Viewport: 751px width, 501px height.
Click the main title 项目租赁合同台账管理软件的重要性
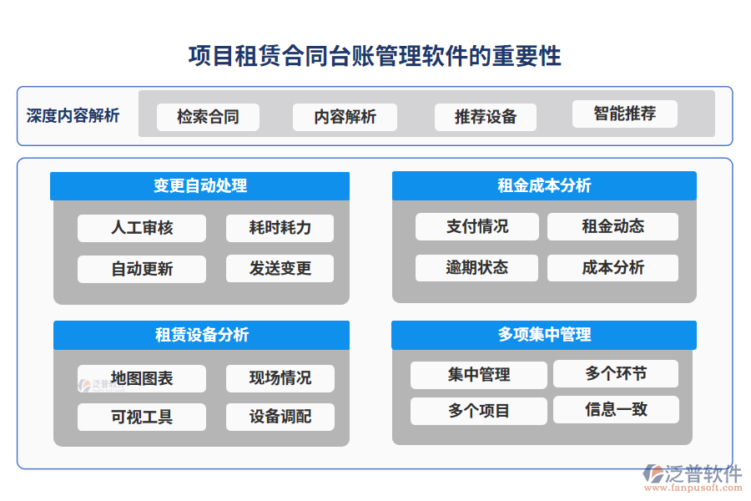tap(375, 56)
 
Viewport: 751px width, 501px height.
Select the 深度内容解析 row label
tap(73, 115)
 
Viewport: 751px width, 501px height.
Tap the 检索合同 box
tap(208, 117)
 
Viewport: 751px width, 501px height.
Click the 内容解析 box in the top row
tap(345, 117)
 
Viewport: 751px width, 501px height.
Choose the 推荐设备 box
tap(485, 117)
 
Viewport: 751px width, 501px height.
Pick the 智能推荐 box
tap(624, 114)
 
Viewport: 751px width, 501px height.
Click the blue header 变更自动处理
tap(200, 185)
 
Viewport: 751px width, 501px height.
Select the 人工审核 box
tap(142, 228)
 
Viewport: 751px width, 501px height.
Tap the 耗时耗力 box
tap(280, 228)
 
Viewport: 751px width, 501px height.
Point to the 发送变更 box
tap(280, 269)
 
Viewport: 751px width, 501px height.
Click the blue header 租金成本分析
tap(544, 185)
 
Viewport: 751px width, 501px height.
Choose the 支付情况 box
tap(477, 226)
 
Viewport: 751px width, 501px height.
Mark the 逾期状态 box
tap(477, 268)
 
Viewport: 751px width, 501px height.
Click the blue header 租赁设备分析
tap(201, 335)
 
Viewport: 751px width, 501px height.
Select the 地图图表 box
tap(142, 378)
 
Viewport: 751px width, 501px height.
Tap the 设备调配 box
tap(280, 417)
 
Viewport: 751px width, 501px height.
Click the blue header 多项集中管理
tap(544, 335)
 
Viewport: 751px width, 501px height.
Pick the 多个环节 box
tap(616, 374)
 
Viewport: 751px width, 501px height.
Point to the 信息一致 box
tap(616, 410)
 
